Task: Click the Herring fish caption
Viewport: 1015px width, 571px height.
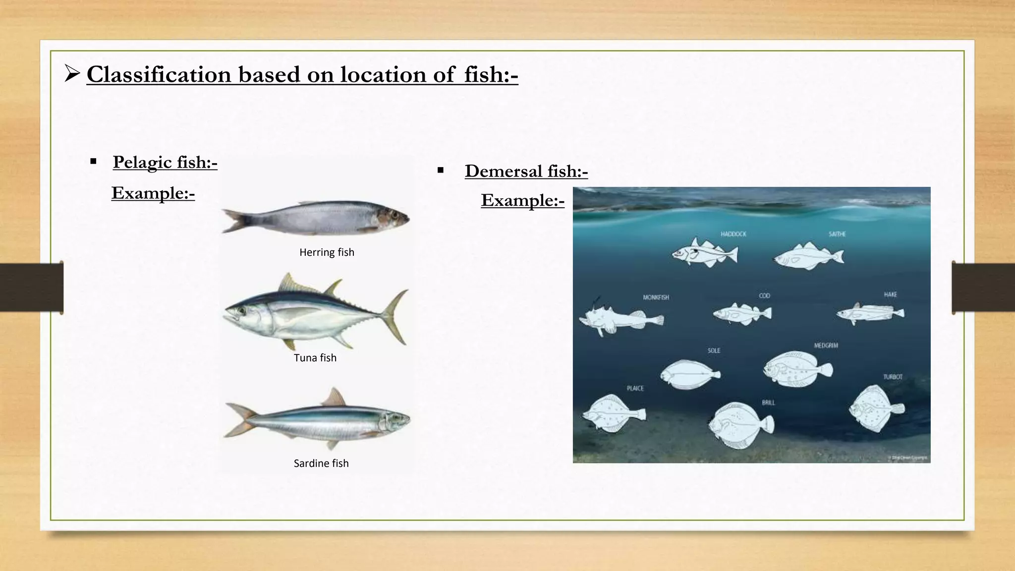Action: tap(327, 252)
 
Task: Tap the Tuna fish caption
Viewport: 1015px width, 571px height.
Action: tap(315, 358)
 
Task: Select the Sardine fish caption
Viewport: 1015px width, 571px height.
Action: tap(321, 463)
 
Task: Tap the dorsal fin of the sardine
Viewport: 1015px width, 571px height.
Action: tap(334, 398)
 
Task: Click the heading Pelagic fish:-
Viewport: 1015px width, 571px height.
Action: tap(165, 162)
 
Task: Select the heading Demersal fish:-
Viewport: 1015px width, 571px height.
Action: tap(526, 171)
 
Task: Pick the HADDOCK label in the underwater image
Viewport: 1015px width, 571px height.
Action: tap(733, 234)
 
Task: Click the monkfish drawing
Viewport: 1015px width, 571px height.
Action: tap(620, 318)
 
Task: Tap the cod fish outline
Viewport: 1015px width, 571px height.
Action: tap(741, 313)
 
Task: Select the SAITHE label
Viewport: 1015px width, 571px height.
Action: tap(837, 234)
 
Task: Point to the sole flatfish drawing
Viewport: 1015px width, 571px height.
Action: tap(689, 374)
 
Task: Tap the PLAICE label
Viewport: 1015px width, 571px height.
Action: tap(635, 388)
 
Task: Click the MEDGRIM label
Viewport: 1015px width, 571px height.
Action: tap(826, 345)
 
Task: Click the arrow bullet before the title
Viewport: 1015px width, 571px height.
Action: tap(72, 75)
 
